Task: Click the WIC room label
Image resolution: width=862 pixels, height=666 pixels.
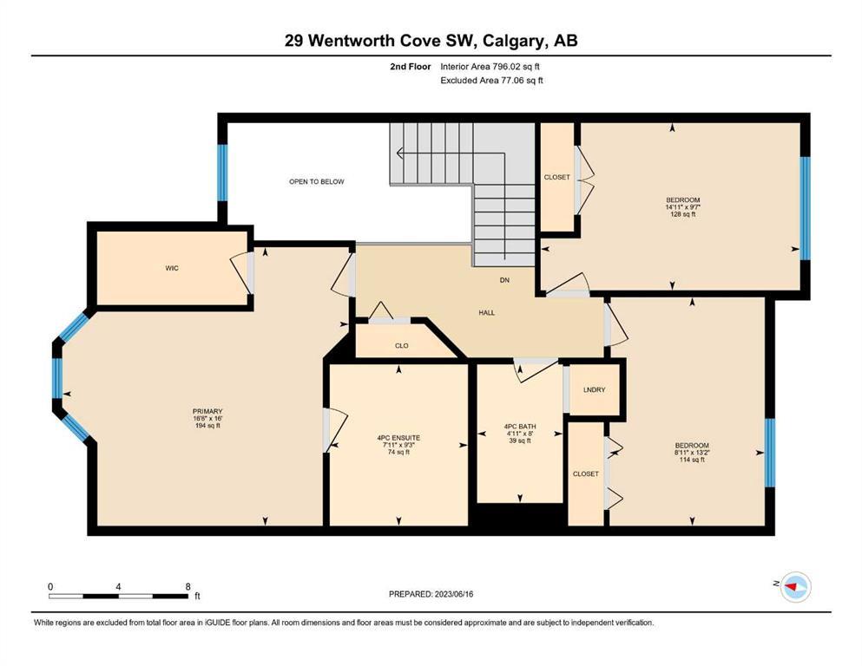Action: pos(172,268)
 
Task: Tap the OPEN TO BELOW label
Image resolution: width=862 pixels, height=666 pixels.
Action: pos(317,181)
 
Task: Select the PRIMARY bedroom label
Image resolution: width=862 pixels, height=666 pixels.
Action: pos(207,411)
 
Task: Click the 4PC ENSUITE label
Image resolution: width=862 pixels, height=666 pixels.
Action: pos(398,438)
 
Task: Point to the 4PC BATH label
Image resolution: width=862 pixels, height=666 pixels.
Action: pos(519,426)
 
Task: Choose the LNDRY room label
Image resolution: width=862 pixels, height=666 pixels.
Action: pos(594,389)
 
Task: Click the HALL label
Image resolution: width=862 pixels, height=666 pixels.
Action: pos(486,312)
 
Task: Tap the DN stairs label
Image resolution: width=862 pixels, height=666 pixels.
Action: pos(504,280)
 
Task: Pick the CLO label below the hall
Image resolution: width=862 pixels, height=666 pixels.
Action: pos(401,345)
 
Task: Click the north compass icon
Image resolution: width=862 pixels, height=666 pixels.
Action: pos(795,586)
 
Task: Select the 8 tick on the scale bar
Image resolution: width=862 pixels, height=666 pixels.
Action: pos(188,586)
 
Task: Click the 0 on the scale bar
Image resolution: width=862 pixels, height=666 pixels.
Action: pos(50,586)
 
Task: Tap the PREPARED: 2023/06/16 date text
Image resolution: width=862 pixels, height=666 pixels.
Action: pos(431,594)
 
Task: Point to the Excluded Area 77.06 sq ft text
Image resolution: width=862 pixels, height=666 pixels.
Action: pos(492,80)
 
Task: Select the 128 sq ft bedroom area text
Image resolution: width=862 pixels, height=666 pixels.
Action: pos(683,214)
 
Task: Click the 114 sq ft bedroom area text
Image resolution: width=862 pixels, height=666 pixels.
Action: pos(692,460)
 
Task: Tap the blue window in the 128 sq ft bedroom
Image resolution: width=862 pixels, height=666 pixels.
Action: pos(805,208)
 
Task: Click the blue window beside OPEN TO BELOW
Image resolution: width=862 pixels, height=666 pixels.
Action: pos(222,173)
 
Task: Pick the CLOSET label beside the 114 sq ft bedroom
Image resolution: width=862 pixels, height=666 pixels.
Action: pos(585,473)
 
